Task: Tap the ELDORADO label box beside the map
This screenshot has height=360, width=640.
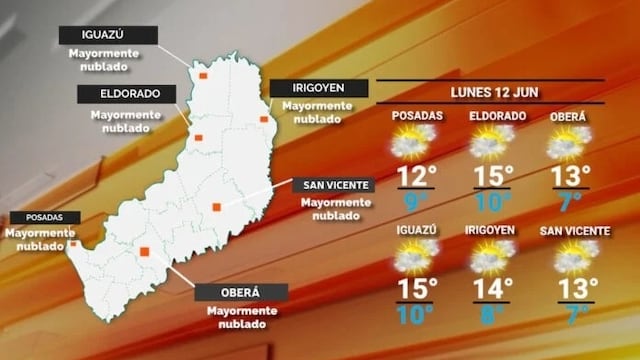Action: pyautogui.click(x=125, y=94)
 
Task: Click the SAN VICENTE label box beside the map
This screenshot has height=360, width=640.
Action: pyautogui.click(x=332, y=185)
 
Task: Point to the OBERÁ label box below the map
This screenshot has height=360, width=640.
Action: pyautogui.click(x=240, y=292)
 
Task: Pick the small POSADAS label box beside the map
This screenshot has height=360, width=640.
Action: pyautogui.click(x=38, y=217)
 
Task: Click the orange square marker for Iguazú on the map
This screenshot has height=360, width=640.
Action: pyautogui.click(x=203, y=74)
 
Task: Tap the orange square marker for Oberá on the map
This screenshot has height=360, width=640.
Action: pyautogui.click(x=145, y=252)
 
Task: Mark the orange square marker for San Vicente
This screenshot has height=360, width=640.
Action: pyautogui.click(x=216, y=207)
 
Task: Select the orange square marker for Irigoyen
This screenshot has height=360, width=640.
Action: pyautogui.click(x=264, y=120)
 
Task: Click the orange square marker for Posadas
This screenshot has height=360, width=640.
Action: pyautogui.click(x=74, y=243)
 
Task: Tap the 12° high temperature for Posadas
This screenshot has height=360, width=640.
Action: pyautogui.click(x=417, y=176)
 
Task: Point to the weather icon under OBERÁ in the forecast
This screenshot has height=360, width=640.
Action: pyautogui.click(x=568, y=142)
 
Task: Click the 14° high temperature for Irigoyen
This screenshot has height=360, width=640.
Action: pyautogui.click(x=493, y=289)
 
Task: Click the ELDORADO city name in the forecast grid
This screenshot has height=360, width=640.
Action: pyautogui.click(x=498, y=117)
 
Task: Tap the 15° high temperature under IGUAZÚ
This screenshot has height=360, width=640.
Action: pyautogui.click(x=417, y=289)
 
